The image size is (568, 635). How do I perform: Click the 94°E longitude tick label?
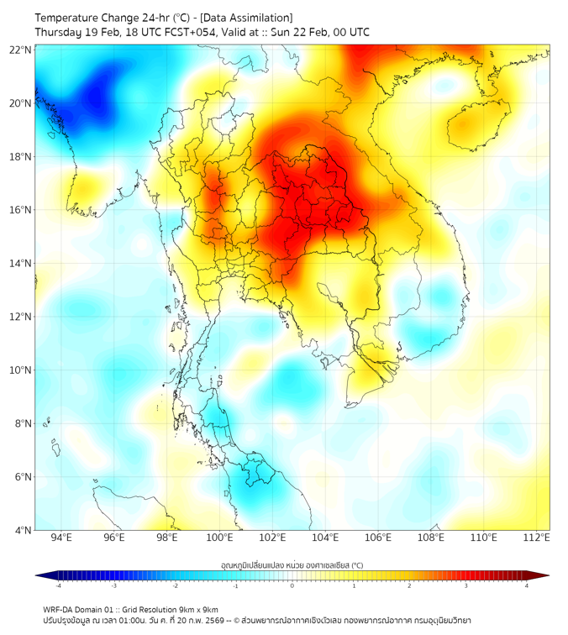61,538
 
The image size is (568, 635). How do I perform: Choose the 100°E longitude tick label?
220,538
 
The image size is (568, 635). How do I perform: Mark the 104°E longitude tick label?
325,538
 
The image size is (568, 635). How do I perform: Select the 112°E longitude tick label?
537,538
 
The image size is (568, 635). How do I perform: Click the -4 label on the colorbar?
57,585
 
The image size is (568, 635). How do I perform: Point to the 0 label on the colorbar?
292,585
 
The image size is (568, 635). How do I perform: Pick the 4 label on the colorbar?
527,585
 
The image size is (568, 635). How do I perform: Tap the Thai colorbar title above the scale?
292,564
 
